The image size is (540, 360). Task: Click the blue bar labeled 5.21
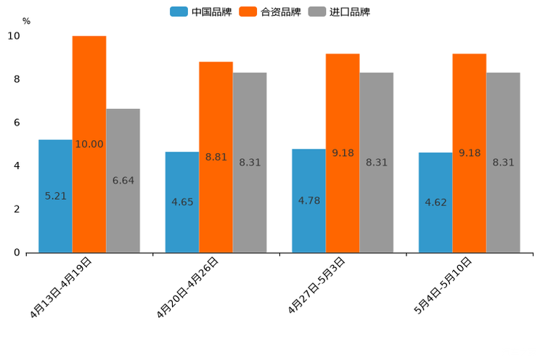coord(55,196)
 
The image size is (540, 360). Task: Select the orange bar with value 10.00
coord(89,144)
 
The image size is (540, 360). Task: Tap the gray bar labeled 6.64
coord(123,181)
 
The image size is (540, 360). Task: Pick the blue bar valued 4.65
coord(182,202)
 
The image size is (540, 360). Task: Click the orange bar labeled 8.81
coord(216,157)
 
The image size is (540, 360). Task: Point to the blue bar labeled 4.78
coord(308,200)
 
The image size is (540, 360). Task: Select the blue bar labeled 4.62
coord(435,202)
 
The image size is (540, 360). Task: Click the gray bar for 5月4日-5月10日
coord(503,163)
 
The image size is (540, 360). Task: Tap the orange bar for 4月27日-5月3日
coord(343,153)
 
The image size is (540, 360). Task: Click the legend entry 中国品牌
coord(201,12)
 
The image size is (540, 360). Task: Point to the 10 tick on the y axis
coord(14,36)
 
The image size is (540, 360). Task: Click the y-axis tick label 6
coord(17,123)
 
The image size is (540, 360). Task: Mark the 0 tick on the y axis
coord(17,253)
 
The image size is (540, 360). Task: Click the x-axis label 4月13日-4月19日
coord(61,287)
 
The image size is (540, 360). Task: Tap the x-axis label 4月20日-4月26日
coord(188,287)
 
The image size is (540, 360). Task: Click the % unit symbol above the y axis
coord(26,21)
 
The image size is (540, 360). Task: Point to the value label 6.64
coord(123,181)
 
